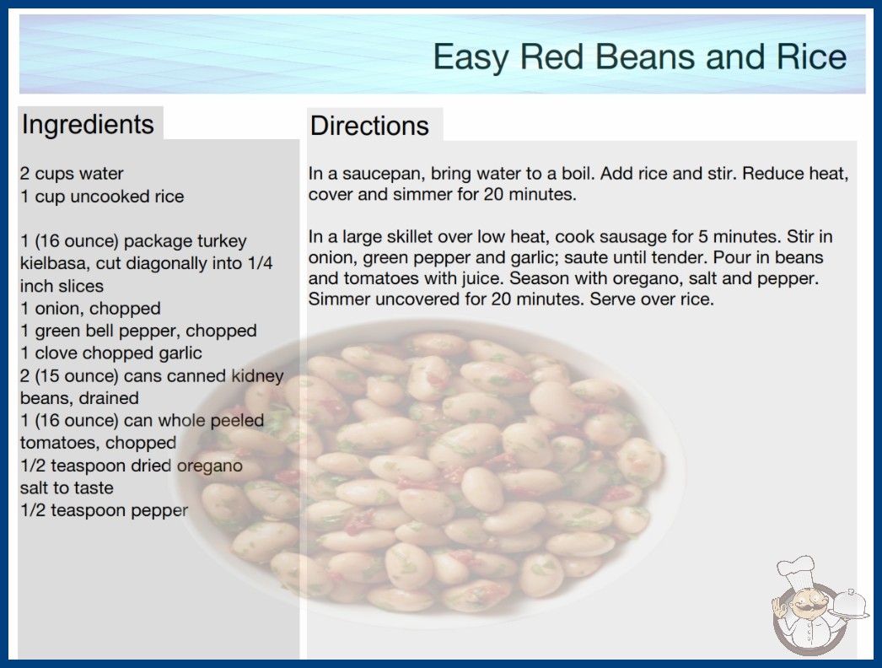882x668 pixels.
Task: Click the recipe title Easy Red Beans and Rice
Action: pyautogui.click(x=639, y=57)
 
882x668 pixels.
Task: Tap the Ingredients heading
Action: pyautogui.click(x=88, y=124)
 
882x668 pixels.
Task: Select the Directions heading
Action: pyautogui.click(x=369, y=126)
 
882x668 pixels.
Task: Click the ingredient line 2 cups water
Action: pyautogui.click(x=72, y=174)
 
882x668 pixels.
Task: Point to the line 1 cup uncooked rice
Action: pyautogui.click(x=102, y=197)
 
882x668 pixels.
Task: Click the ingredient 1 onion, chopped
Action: pyautogui.click(x=90, y=309)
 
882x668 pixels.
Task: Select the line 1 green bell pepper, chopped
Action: pyautogui.click(x=138, y=331)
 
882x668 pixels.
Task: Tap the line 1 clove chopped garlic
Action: pyautogui.click(x=111, y=353)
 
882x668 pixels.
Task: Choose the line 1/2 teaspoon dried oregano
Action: pyautogui.click(x=132, y=466)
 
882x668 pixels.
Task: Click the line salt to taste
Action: pyautogui.click(x=67, y=488)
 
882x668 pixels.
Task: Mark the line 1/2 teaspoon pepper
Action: pyautogui.click(x=104, y=510)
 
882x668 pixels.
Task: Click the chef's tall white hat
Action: pyautogui.click(x=796, y=570)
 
